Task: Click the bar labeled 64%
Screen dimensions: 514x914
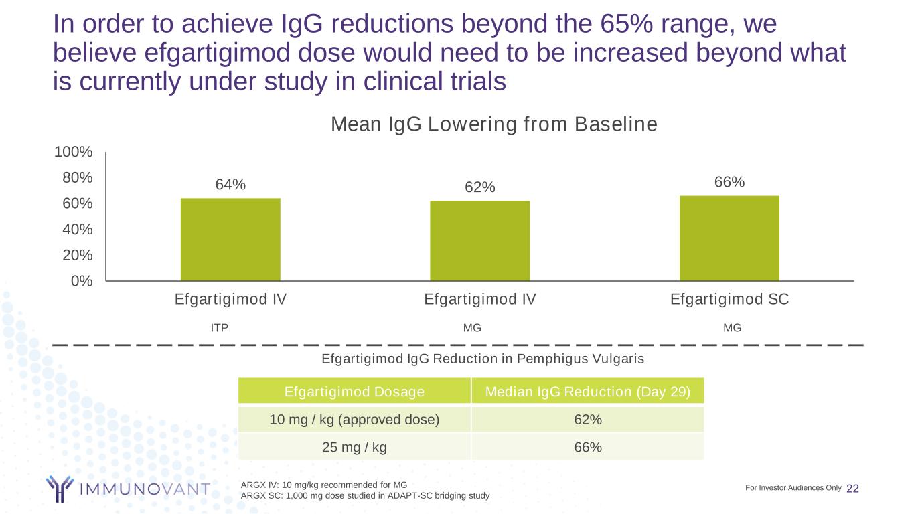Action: (230, 239)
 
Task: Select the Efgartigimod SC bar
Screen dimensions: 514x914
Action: (729, 238)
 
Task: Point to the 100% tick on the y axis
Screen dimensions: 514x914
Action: (74, 152)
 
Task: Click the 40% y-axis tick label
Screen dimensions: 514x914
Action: (76, 230)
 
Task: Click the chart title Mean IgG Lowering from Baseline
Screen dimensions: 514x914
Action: (495, 124)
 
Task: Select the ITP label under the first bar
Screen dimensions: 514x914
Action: (220, 328)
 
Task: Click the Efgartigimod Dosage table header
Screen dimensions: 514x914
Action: (354, 392)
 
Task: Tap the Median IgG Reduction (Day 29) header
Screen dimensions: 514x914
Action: (588, 392)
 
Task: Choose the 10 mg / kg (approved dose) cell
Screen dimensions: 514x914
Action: (354, 420)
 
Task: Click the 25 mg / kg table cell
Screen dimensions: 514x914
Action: (354, 447)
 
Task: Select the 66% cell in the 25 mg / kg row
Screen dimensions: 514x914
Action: (588, 447)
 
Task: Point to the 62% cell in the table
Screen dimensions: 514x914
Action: (588, 420)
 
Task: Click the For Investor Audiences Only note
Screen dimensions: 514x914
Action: (793, 487)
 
